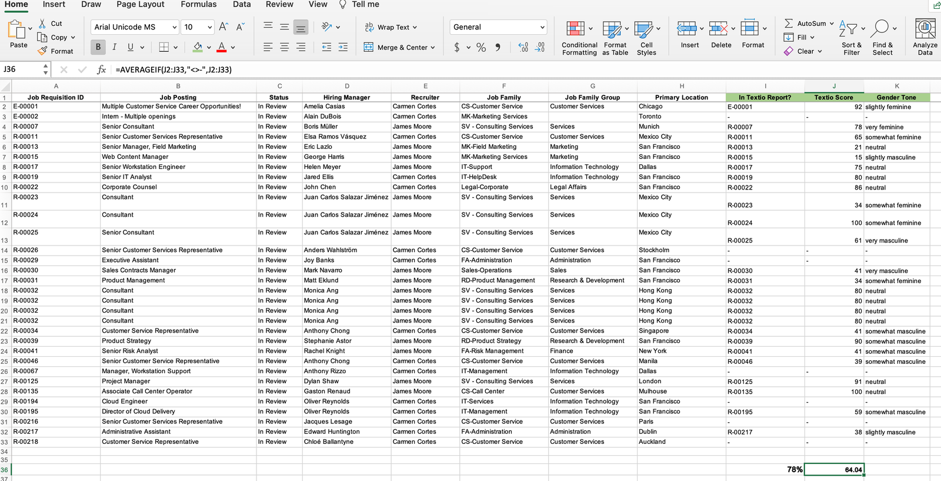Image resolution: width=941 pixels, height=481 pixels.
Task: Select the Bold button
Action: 98,47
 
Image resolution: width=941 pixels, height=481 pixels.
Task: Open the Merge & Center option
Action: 399,48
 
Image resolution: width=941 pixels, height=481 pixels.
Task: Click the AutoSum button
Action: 809,24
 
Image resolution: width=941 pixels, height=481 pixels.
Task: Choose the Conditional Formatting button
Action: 579,38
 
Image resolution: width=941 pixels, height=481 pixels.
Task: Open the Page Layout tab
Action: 140,5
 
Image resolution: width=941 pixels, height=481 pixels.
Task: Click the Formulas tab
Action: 198,5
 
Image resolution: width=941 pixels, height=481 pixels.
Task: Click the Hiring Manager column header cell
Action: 346,98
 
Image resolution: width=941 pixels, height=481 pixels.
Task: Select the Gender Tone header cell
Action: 896,98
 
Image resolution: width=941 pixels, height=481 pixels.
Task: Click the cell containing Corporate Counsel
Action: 129,187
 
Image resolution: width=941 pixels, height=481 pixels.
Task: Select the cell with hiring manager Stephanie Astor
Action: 328,341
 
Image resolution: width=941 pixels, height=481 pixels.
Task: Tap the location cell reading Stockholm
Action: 654,250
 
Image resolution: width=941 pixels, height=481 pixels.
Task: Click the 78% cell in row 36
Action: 794,470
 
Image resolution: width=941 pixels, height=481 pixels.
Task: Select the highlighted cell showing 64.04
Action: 834,470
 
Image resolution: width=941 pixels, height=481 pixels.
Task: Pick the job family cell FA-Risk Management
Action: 492,351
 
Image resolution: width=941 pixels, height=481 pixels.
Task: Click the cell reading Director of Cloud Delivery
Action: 138,412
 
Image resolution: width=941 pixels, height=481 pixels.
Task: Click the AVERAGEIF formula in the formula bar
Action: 173,69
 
